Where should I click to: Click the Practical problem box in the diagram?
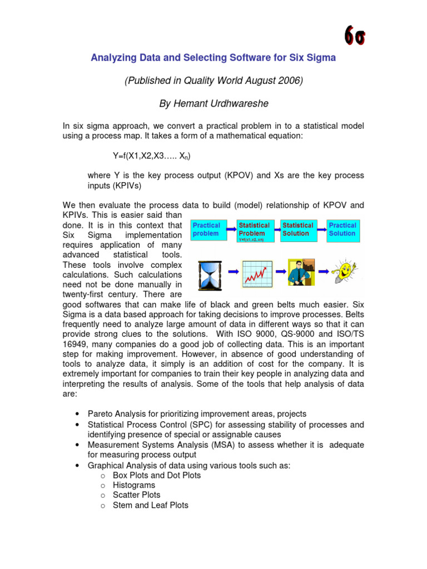coord(207,229)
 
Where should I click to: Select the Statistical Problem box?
coord(254,230)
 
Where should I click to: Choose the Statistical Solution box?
coord(298,229)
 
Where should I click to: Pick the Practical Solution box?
coord(342,229)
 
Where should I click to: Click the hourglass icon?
coord(209,273)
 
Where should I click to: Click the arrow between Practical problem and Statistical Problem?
coord(229,227)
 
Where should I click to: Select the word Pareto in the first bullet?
coord(101,415)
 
